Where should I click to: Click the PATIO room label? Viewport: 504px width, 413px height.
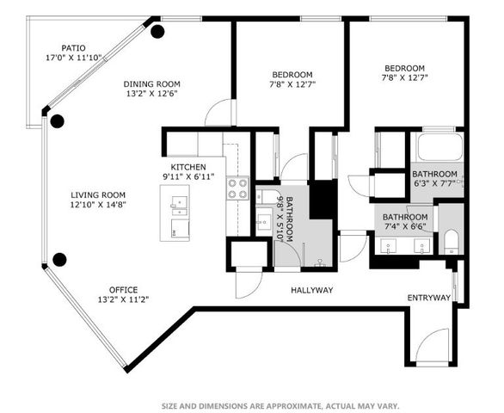(x=73, y=48)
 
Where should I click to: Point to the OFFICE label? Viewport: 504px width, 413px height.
(x=123, y=289)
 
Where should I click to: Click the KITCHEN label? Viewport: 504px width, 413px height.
(x=187, y=166)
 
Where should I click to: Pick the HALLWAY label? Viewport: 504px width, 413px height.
(x=311, y=290)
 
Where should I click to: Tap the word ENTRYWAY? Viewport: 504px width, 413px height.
(x=428, y=298)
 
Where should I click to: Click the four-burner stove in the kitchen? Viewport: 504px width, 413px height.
(x=237, y=188)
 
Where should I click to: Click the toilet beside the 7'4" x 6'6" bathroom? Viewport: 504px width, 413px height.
(x=451, y=240)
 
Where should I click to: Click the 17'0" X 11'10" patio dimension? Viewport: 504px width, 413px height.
(x=73, y=59)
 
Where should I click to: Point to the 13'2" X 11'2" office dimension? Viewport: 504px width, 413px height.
(x=123, y=300)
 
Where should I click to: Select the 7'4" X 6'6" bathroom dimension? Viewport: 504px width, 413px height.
(x=404, y=228)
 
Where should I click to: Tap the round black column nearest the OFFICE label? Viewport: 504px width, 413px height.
(x=59, y=258)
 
